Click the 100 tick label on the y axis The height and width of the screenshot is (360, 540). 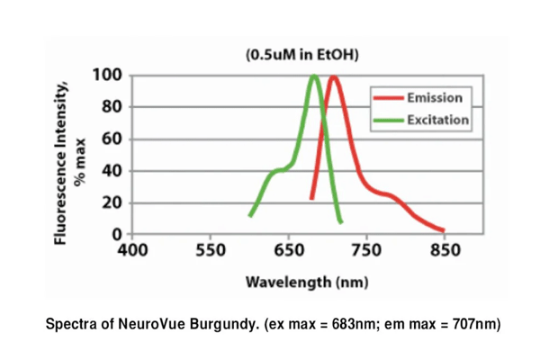(109, 74)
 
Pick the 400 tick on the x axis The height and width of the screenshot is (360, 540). (133, 249)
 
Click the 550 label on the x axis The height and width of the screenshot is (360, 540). (211, 249)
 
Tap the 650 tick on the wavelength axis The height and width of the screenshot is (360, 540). (289, 249)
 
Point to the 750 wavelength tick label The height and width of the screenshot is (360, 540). (366, 249)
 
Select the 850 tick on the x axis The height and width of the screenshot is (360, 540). (445, 249)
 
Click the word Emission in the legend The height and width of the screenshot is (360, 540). (435, 97)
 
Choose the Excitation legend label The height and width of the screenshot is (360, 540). (437, 119)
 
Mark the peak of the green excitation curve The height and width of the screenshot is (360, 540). (314, 76)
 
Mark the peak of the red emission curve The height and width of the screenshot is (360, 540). (334, 77)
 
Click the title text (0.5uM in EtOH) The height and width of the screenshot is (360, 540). (301, 56)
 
